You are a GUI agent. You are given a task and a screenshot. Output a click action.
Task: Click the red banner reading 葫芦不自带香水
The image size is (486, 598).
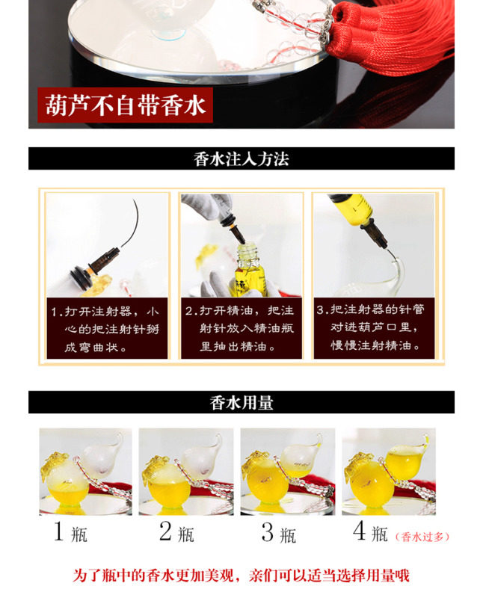click(125, 105)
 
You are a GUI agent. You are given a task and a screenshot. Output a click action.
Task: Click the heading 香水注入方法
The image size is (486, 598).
click(241, 158)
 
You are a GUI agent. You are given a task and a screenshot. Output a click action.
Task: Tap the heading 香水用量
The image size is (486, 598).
click(242, 403)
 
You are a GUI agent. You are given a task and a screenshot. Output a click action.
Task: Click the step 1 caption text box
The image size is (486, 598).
click(107, 328)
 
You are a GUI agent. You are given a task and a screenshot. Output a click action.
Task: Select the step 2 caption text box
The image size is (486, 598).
click(241, 328)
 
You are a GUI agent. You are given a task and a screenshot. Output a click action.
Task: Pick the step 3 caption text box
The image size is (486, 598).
click(374, 327)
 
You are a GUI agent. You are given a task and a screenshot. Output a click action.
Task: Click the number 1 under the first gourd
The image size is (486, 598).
click(58, 531)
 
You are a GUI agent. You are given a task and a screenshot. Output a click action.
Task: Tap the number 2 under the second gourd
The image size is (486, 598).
click(165, 531)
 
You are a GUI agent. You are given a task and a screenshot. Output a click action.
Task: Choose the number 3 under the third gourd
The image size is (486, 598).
click(268, 532)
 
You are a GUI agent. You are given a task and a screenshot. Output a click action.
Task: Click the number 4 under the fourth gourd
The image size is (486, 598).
click(360, 531)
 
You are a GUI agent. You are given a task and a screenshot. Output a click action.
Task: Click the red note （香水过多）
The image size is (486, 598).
click(422, 537)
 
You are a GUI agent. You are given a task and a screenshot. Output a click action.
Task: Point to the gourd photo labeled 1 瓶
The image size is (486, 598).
click(85, 472)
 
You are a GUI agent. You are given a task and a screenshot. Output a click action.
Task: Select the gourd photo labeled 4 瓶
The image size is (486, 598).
click(389, 472)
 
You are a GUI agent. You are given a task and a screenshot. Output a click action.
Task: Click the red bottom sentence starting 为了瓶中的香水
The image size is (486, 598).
click(241, 576)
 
